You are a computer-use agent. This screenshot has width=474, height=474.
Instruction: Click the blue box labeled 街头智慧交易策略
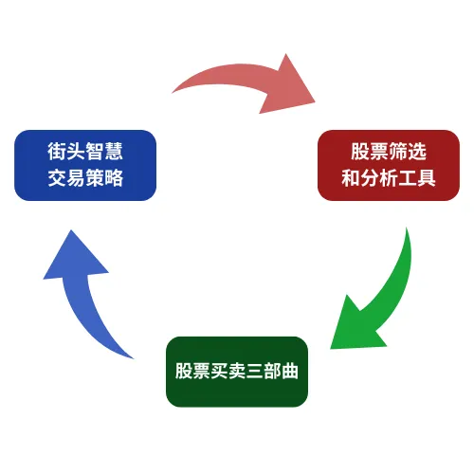[85, 165]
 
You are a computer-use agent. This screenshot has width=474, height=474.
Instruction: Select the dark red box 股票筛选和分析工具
[389, 165]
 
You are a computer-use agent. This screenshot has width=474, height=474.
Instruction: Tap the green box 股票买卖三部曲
[237, 372]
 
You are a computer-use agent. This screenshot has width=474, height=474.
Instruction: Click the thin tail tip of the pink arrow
[172, 93]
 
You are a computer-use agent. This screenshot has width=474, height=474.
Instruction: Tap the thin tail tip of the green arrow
[407, 228]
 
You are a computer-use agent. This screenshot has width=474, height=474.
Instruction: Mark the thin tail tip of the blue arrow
[133, 358]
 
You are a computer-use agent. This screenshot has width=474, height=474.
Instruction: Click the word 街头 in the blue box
[66, 151]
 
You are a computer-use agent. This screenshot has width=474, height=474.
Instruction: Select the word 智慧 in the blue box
[104, 151]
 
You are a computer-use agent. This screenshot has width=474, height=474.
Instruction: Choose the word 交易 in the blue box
[66, 177]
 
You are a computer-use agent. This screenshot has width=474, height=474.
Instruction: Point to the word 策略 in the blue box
[104, 177]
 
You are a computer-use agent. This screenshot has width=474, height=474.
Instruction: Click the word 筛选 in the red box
[408, 151]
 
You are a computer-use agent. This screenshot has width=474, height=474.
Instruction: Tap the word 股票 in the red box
[370, 151]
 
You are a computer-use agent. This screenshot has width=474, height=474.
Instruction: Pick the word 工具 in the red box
[417, 177]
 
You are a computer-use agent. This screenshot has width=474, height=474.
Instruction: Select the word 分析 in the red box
[379, 177]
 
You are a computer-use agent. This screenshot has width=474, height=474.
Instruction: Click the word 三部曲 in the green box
[272, 371]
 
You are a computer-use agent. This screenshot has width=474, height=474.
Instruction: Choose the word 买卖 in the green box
[228, 371]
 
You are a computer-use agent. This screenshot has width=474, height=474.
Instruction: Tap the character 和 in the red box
[351, 177]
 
